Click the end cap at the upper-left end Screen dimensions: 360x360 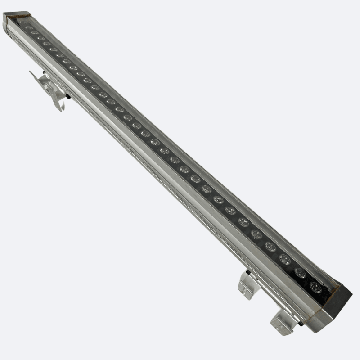pos(13,20)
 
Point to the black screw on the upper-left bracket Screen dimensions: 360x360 pos(67,96)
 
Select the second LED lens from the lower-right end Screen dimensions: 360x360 pos(300,273)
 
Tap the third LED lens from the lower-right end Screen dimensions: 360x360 pos(285,259)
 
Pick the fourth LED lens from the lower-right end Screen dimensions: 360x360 pos(270,246)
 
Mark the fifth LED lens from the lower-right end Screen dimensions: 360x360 pos(256,234)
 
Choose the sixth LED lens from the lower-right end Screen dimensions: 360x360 pos(243,222)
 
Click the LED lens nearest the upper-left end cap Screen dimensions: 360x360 pos(23,23)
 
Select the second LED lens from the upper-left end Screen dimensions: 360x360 pos(29,28)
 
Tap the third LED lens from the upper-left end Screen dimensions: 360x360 pos(35,33)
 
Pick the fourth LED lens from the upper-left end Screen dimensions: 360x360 pos(41,38)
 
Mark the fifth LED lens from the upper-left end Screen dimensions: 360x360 pos(47,44)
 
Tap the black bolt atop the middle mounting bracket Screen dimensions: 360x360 pos(247,272)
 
